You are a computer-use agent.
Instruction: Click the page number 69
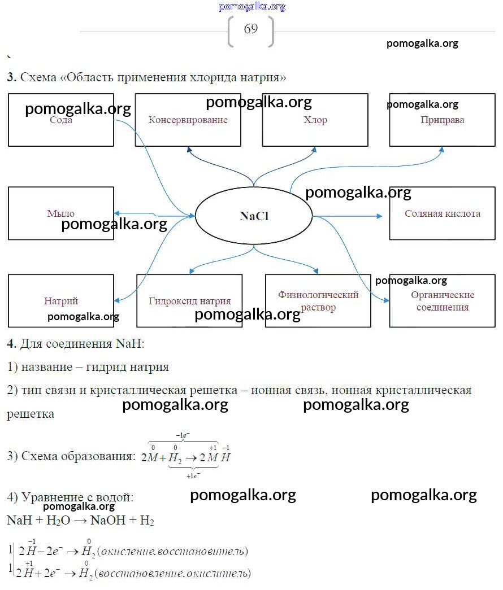[251, 29]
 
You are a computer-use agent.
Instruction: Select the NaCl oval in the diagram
[254, 216]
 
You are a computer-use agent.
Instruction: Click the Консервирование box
[188, 120]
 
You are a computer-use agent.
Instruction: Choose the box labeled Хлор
[315, 120]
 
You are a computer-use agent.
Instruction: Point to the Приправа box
[442, 120]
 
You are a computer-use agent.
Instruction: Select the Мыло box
[61, 213]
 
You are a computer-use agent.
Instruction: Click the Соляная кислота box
[442, 213]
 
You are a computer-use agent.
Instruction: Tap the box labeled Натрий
[61, 301]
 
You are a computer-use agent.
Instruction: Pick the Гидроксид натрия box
[189, 301]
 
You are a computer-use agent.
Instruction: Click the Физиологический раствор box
[318, 301]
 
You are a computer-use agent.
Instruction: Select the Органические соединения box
[442, 301]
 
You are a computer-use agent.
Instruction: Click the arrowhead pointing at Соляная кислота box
[380, 216]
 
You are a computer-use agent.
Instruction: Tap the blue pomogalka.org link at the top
[252, 7]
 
